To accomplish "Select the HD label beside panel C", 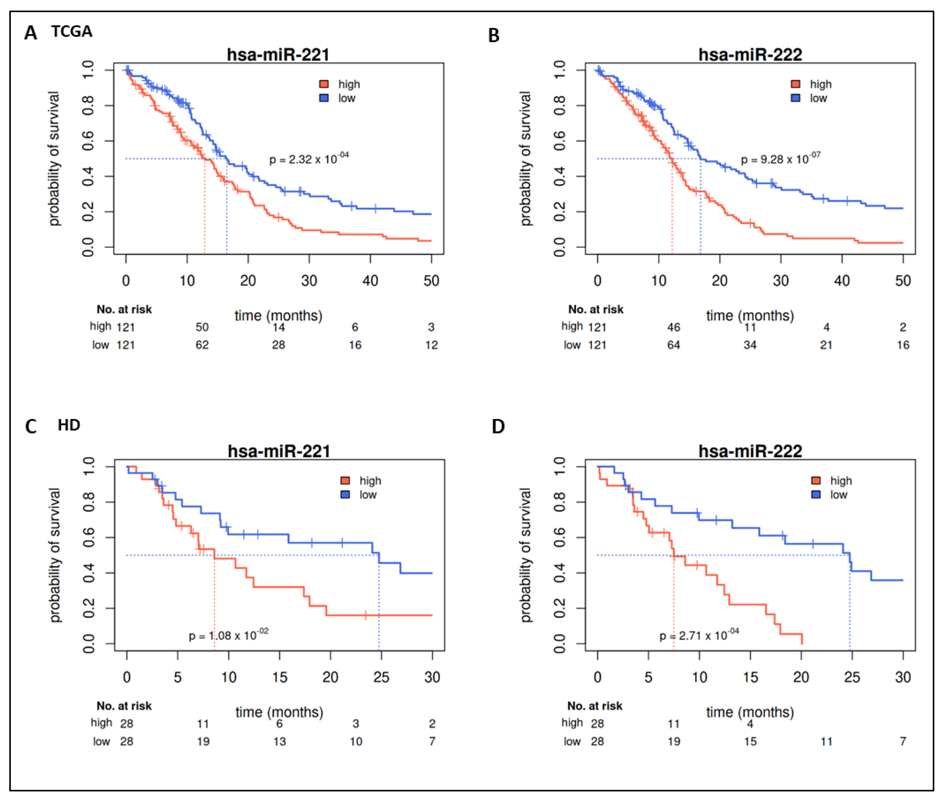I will point(69,425).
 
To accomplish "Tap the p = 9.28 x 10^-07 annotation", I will point(780,159).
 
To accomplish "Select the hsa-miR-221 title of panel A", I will point(278,54).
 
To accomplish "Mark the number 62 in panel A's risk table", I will point(202,345).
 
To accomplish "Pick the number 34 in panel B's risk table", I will point(750,345).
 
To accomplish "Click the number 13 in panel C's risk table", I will point(279,742).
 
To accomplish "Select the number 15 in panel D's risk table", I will point(750,742).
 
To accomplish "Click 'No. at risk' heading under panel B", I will point(596,310).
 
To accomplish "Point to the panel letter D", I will point(498,426).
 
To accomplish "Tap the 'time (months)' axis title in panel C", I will point(279,712).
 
